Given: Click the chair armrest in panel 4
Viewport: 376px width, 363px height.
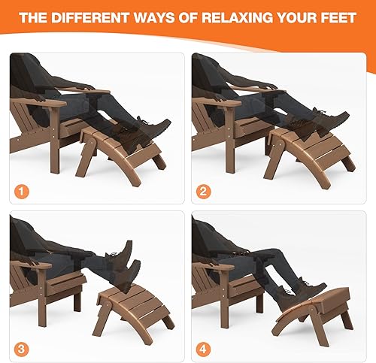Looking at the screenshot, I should (214, 265).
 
